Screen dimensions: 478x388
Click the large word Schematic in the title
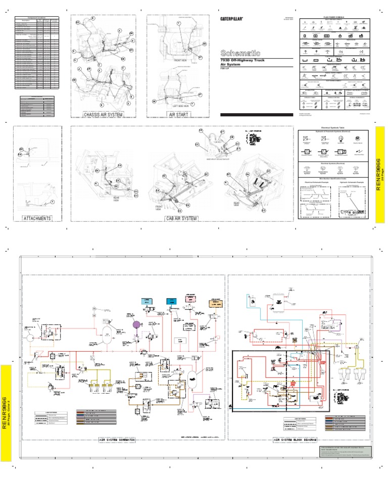click(240, 53)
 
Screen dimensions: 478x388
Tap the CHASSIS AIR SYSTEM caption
click(104, 115)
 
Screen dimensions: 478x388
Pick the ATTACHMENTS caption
click(37, 218)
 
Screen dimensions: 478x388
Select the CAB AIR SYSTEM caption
click(178, 218)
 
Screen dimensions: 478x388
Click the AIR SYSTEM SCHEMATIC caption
click(123, 441)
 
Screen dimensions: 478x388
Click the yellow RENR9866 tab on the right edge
click(380, 174)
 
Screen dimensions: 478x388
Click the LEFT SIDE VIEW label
click(179, 106)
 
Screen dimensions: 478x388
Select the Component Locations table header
click(37, 18)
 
